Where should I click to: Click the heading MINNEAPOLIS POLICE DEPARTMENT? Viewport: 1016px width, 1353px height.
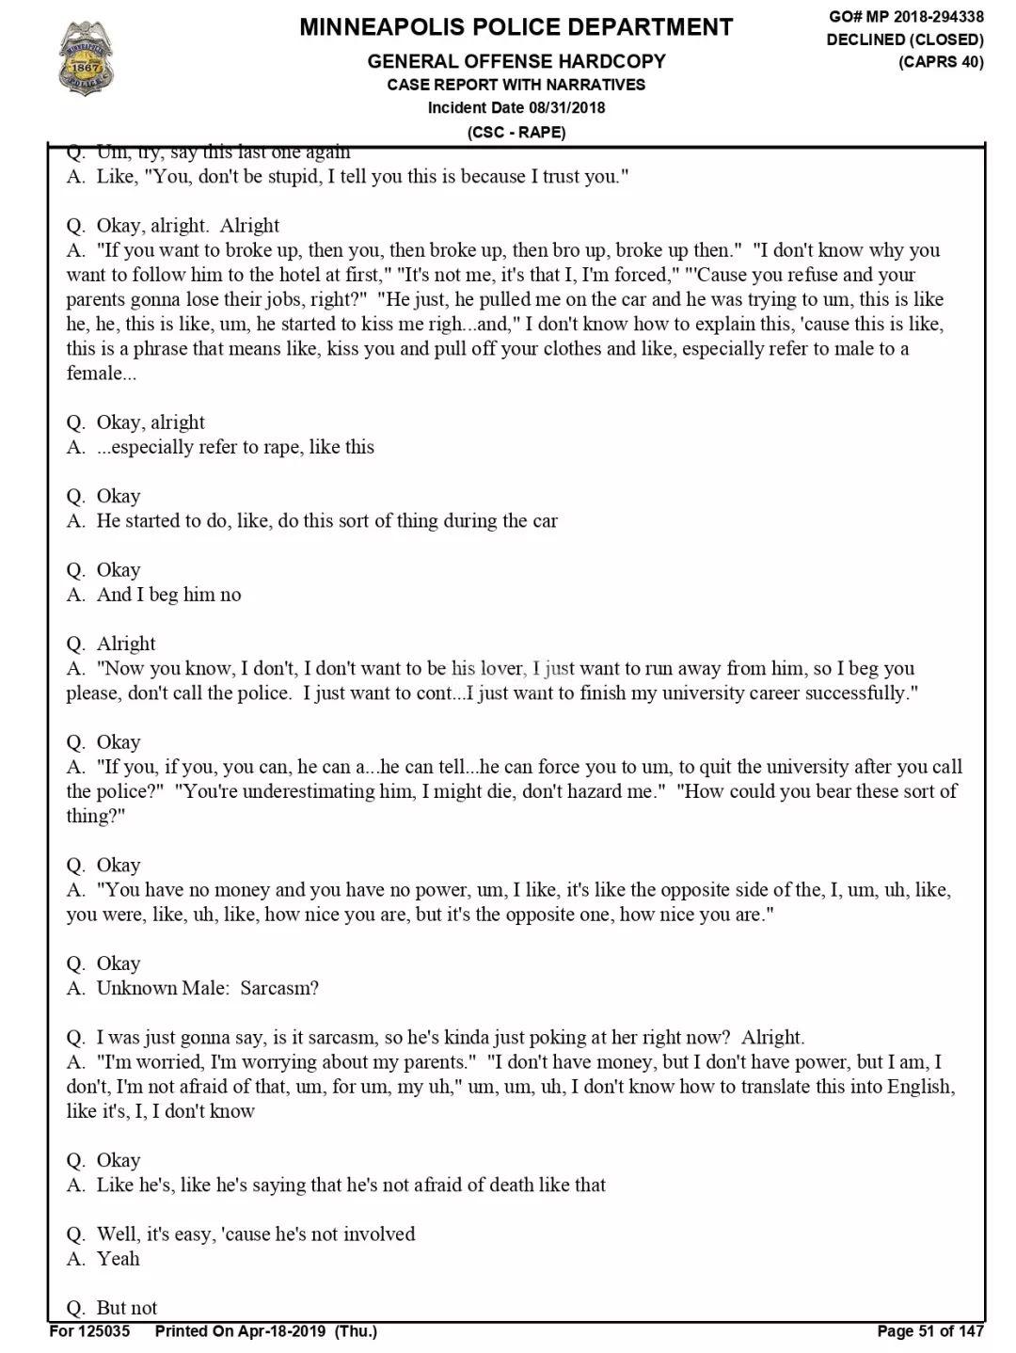click(516, 27)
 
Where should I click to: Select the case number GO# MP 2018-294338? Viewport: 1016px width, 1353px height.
click(906, 17)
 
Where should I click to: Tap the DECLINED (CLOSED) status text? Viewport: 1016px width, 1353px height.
click(905, 40)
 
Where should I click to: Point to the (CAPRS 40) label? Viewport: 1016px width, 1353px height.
click(940, 62)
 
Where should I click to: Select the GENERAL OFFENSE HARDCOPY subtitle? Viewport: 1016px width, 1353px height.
click(516, 62)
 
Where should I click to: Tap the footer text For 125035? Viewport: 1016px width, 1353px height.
click(90, 1330)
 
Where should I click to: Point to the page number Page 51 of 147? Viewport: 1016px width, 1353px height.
click(929, 1330)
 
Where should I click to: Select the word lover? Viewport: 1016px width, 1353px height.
click(500, 669)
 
